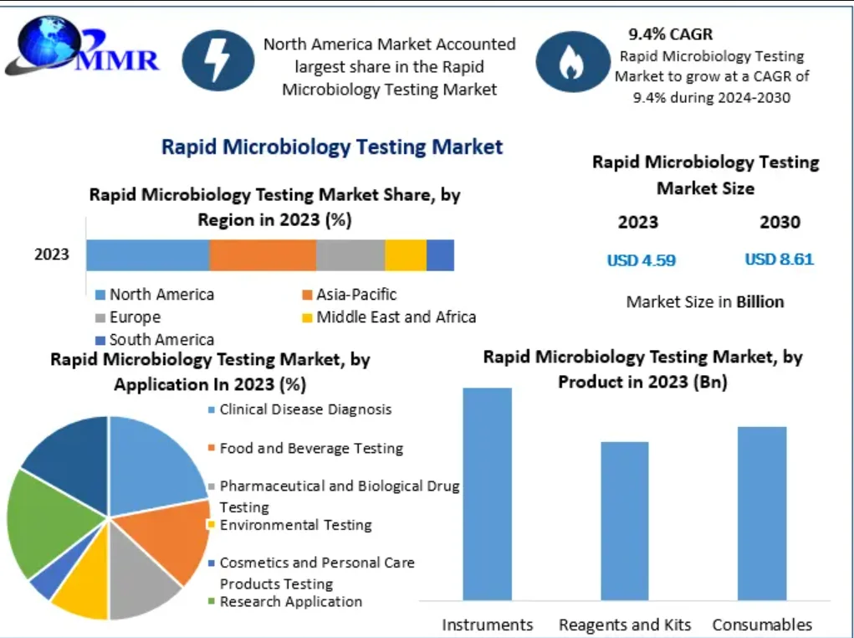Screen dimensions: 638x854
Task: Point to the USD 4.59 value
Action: click(641, 260)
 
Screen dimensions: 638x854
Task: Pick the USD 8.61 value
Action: click(779, 260)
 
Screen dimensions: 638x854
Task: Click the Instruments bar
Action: click(487, 494)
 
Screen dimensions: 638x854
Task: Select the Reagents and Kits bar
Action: click(625, 521)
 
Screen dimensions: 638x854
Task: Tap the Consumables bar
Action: click(762, 513)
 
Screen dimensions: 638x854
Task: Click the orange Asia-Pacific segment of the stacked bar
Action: click(263, 255)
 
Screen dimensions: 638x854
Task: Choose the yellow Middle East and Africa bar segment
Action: click(406, 255)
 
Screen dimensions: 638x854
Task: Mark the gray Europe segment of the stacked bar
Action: click(350, 255)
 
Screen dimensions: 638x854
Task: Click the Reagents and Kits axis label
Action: click(625, 625)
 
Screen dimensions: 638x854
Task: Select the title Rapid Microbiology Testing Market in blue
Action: click(332, 147)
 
